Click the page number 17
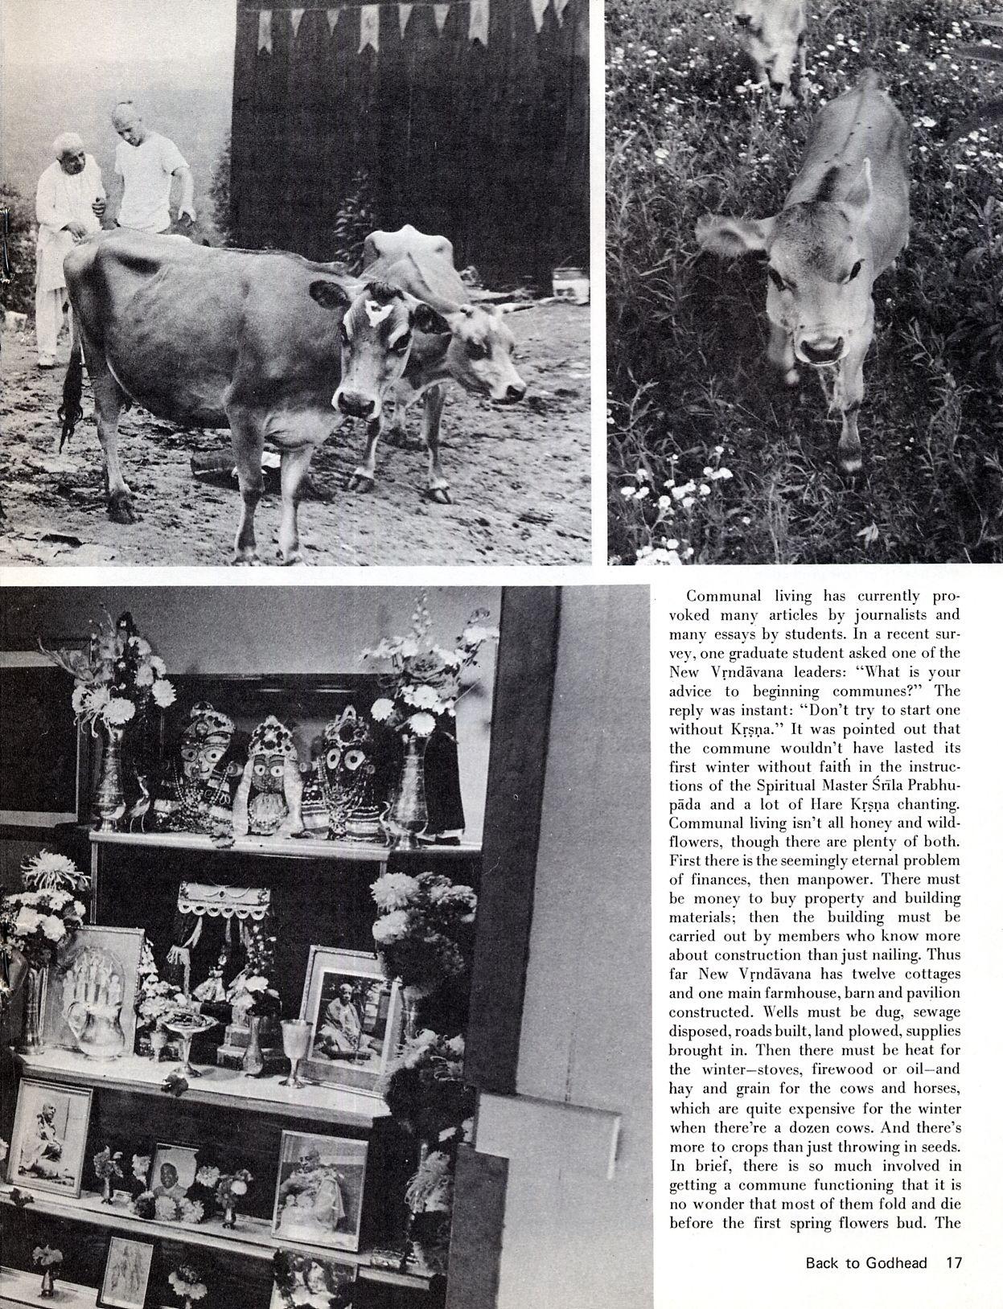pos(954,1262)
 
